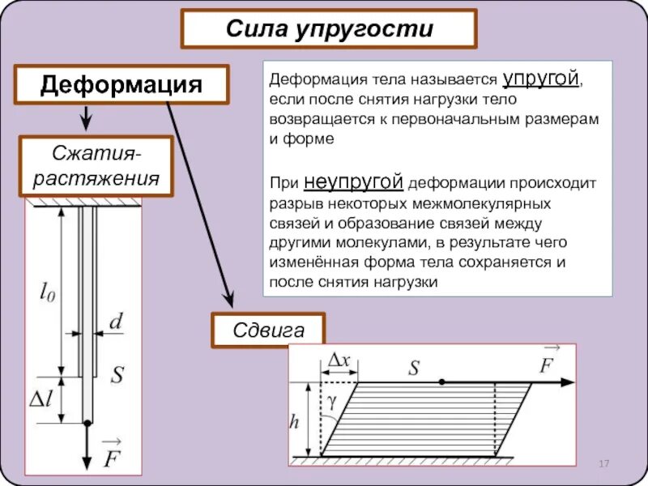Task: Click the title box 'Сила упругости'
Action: tap(329, 30)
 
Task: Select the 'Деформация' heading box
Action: tap(122, 85)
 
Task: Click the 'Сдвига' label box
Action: tap(268, 330)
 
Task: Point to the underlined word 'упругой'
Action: tap(542, 79)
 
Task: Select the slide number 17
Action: tap(603, 463)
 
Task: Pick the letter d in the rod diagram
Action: tap(117, 322)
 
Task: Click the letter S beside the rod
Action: tap(117, 375)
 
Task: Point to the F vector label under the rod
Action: tap(111, 454)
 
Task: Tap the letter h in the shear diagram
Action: tap(297, 421)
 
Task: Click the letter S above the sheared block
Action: tap(414, 368)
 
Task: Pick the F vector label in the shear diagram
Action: tap(549, 362)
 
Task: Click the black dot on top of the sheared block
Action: tap(441, 382)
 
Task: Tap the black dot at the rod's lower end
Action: tap(87, 422)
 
